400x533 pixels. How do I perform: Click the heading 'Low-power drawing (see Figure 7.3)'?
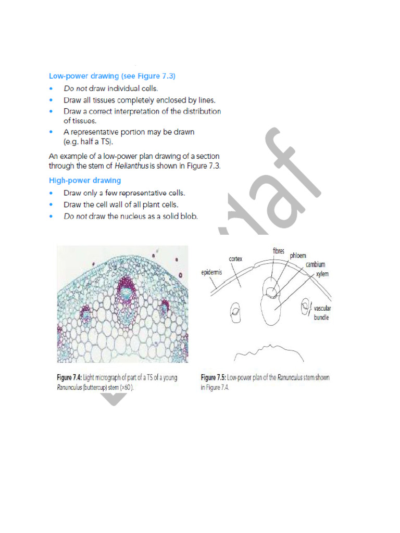click(112, 76)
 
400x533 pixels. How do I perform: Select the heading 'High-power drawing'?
click(85, 180)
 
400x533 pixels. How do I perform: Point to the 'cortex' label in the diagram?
click(238, 258)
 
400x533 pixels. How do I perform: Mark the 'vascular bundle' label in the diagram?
click(322, 313)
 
